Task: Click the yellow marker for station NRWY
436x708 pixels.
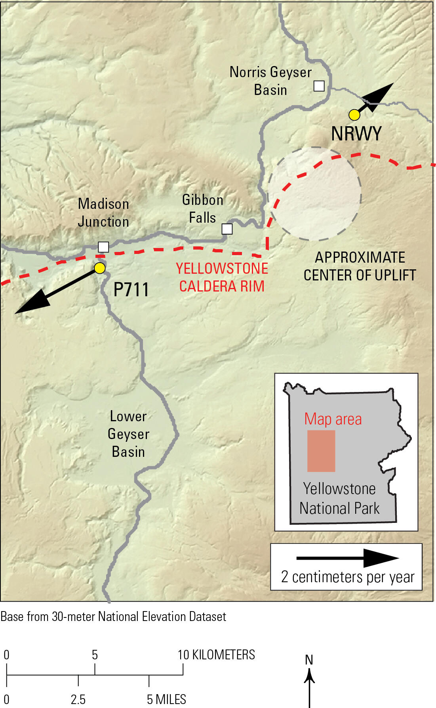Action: click(x=354, y=115)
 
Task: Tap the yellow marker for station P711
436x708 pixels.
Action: click(x=100, y=268)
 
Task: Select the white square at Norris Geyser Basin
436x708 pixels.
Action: click(x=319, y=86)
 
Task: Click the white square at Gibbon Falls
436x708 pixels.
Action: click(x=227, y=229)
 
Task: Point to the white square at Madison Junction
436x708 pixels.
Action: click(x=103, y=247)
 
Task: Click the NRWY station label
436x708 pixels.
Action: click(x=356, y=134)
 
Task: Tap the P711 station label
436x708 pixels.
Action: click(x=131, y=290)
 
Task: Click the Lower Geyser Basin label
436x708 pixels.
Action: click(x=128, y=434)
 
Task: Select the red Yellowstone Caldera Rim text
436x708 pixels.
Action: click(x=222, y=277)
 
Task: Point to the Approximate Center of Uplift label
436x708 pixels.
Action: click(x=360, y=266)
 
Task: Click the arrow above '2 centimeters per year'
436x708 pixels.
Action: click(x=347, y=558)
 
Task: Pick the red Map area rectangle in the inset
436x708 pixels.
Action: click(x=321, y=451)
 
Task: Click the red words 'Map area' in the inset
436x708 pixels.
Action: click(x=333, y=419)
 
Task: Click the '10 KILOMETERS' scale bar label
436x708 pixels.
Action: click(x=216, y=655)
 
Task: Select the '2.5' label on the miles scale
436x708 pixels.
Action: click(x=78, y=699)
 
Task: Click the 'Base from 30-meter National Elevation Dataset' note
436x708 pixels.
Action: click(x=113, y=616)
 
